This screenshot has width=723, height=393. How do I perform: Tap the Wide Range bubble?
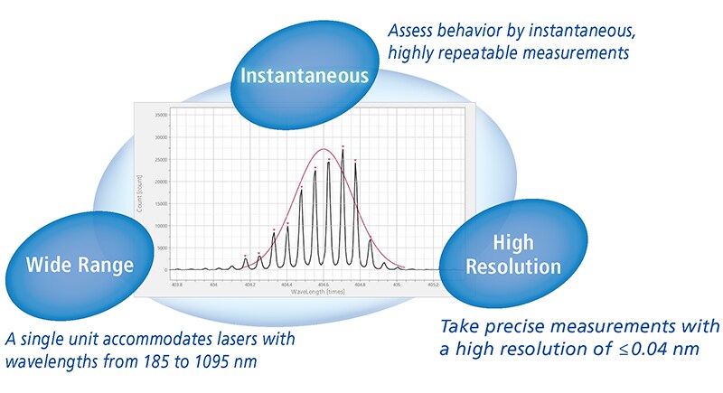point(80,265)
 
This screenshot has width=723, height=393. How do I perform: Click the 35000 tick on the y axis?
point(160,116)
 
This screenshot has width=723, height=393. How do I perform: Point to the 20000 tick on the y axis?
point(160,182)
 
